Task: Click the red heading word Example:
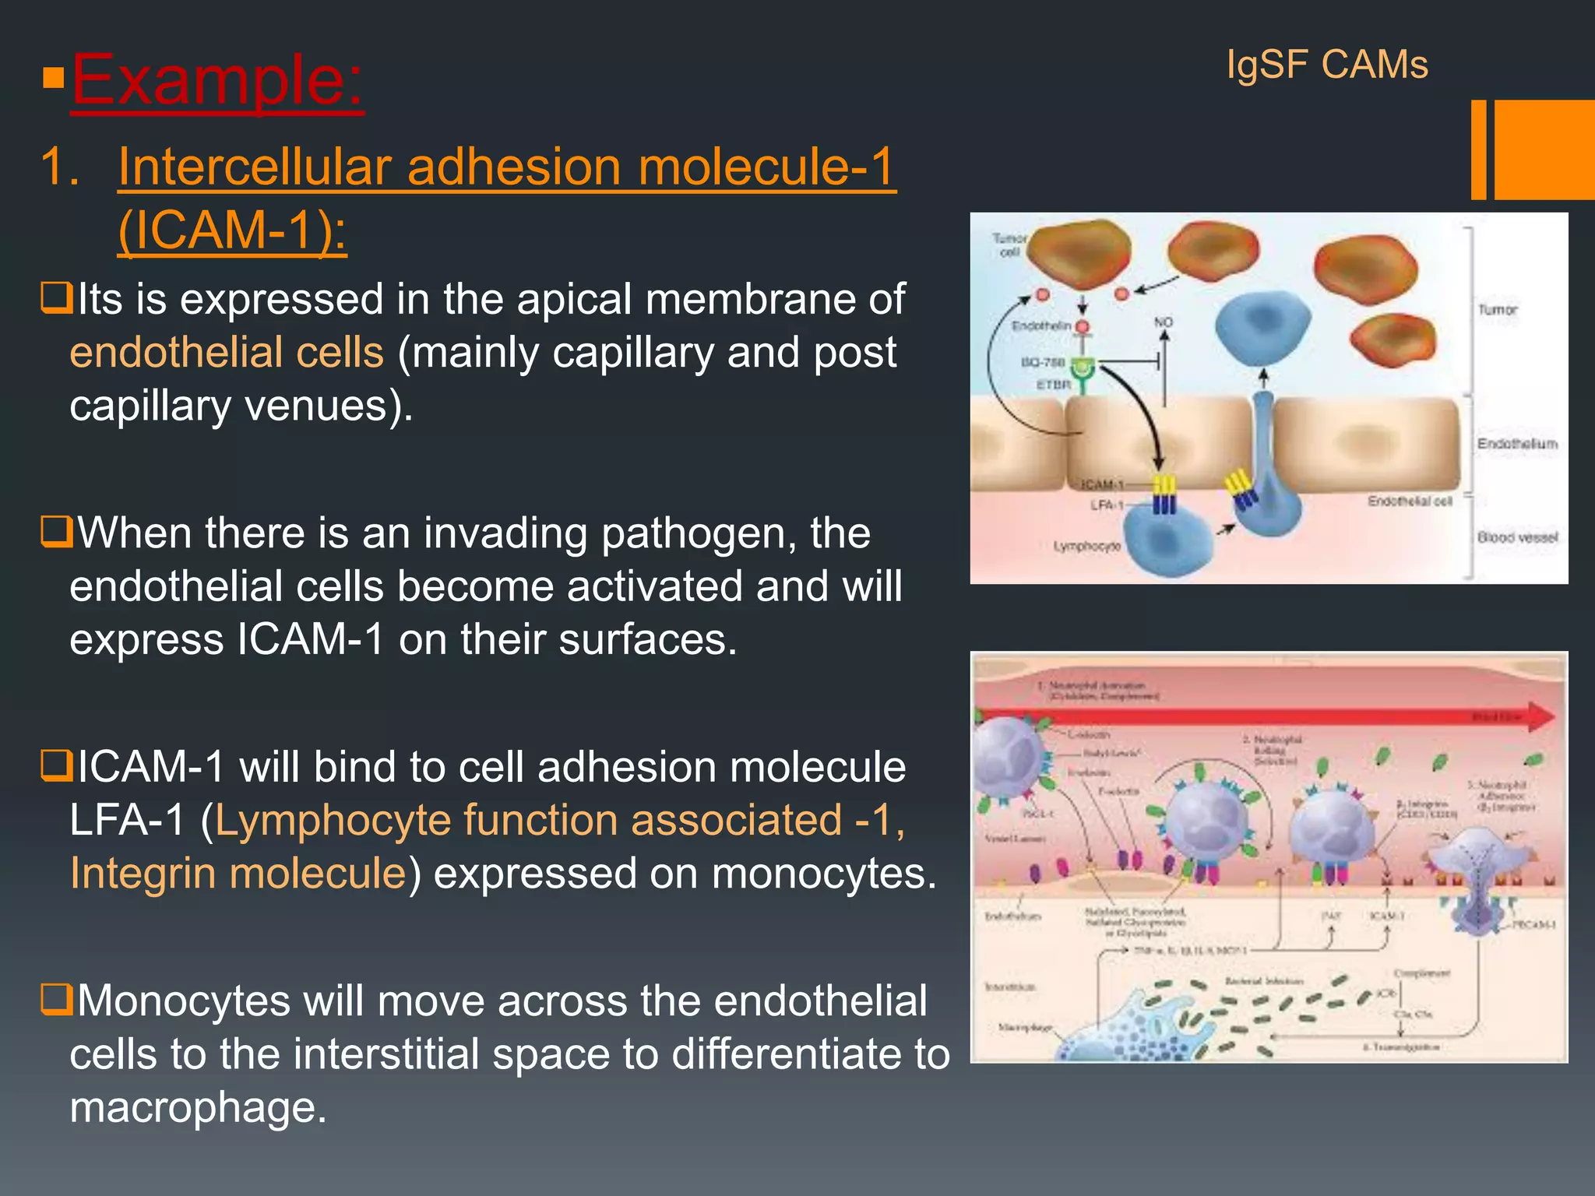(x=217, y=79)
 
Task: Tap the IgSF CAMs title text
(x=1327, y=64)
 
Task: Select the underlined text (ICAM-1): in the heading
(x=232, y=230)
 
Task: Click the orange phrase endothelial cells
(x=227, y=352)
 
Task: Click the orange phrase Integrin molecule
(x=238, y=873)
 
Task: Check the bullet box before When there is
(x=56, y=532)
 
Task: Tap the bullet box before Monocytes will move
(x=56, y=999)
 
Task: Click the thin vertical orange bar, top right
(x=1478, y=149)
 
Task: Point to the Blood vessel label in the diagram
(x=1517, y=537)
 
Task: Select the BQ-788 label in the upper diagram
(x=1043, y=362)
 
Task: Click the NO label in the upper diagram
(x=1164, y=322)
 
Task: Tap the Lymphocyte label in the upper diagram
(x=1086, y=547)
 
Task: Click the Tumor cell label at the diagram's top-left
(x=1009, y=244)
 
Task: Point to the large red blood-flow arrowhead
(x=1540, y=716)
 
